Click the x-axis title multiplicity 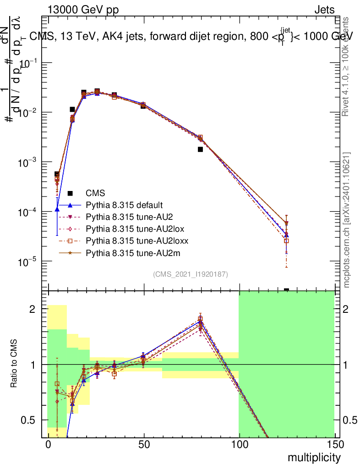(x=314, y=458)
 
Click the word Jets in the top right (x=324, y=10)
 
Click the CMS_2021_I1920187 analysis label (x=191, y=274)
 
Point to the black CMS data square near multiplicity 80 (x=200, y=149)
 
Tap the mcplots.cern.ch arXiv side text (x=347, y=220)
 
